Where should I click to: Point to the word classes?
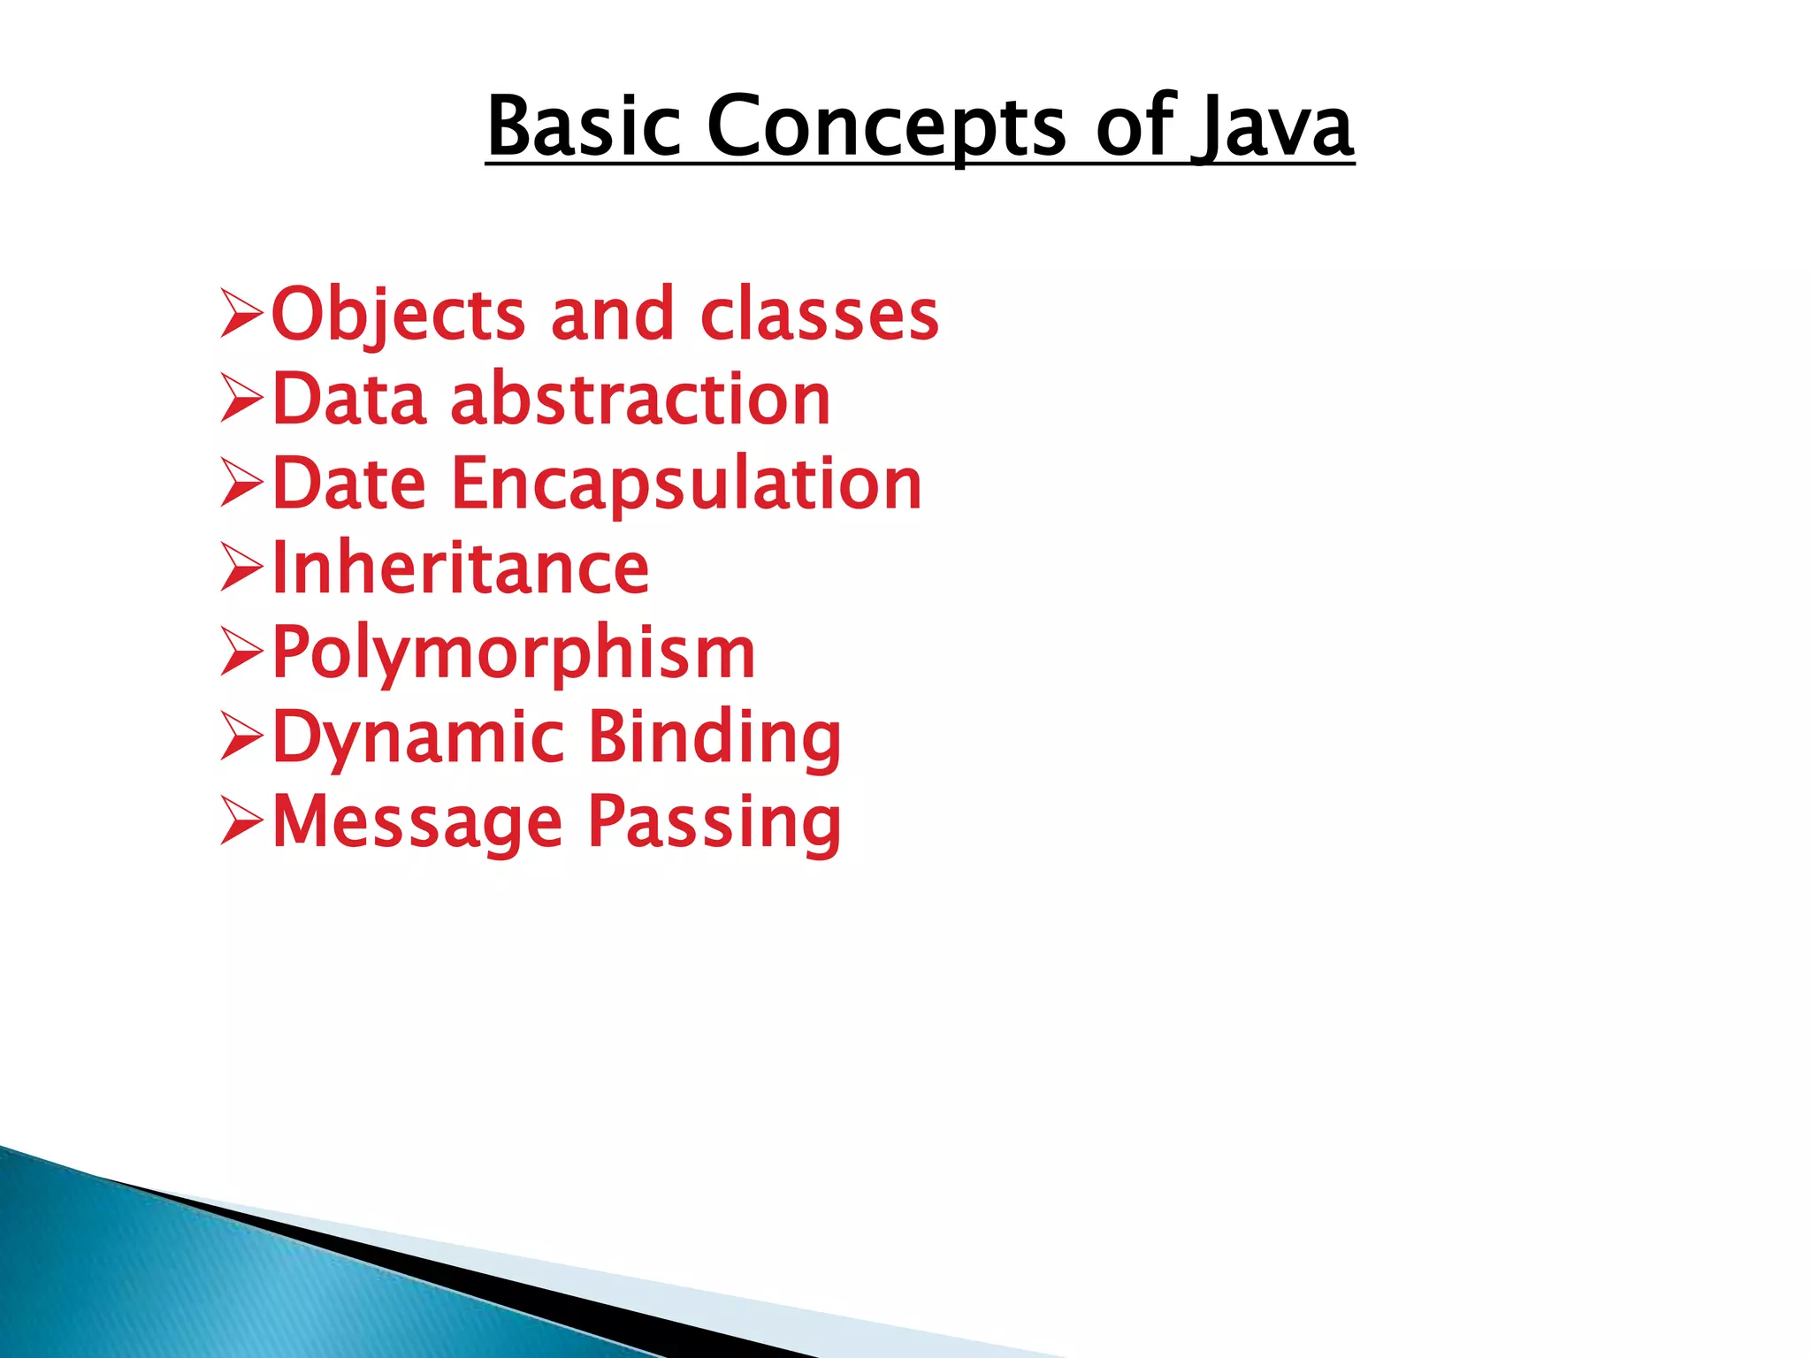[819, 315]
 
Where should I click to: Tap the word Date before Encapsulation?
[349, 484]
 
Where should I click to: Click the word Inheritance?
[460, 568]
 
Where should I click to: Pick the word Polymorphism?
[513, 653]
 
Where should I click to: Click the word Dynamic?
[417, 737]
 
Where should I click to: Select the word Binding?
[714, 737]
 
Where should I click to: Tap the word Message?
[416, 822]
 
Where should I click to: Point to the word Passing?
[714, 822]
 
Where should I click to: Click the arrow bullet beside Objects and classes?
[241, 315]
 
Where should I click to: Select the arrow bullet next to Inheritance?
[241, 568]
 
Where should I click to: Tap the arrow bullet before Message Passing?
[241, 822]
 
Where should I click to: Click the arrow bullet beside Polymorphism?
[241, 653]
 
